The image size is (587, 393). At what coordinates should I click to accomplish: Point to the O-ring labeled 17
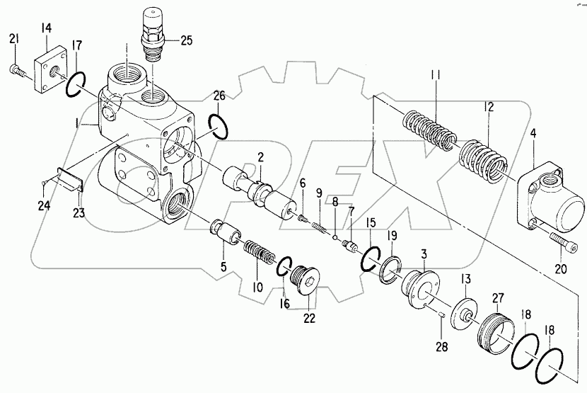pos(75,86)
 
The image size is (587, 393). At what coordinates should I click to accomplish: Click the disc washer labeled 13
pos(463,313)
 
